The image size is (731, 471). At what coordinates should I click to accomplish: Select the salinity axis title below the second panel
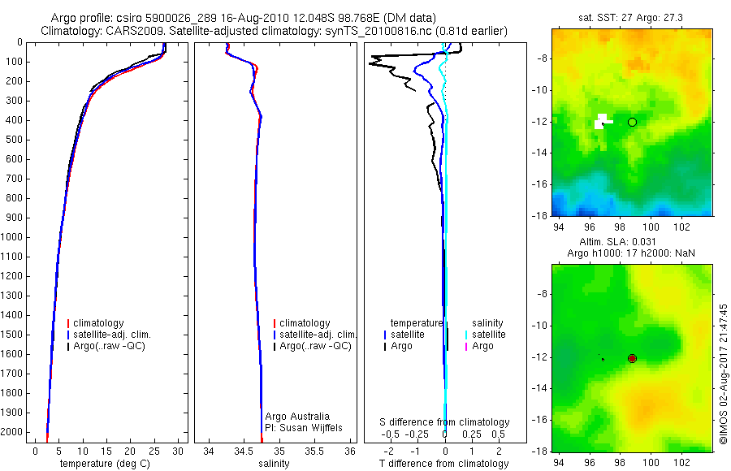pos(273,464)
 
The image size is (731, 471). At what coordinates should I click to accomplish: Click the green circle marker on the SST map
pos(632,122)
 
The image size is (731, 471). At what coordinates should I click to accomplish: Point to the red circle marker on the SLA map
pos(632,358)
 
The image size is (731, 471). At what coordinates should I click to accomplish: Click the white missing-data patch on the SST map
pos(601,122)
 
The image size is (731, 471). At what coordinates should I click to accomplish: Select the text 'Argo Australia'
pos(297,417)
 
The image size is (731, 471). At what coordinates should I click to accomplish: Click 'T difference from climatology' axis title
pos(443,464)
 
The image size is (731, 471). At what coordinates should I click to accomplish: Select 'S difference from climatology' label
pos(444,422)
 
